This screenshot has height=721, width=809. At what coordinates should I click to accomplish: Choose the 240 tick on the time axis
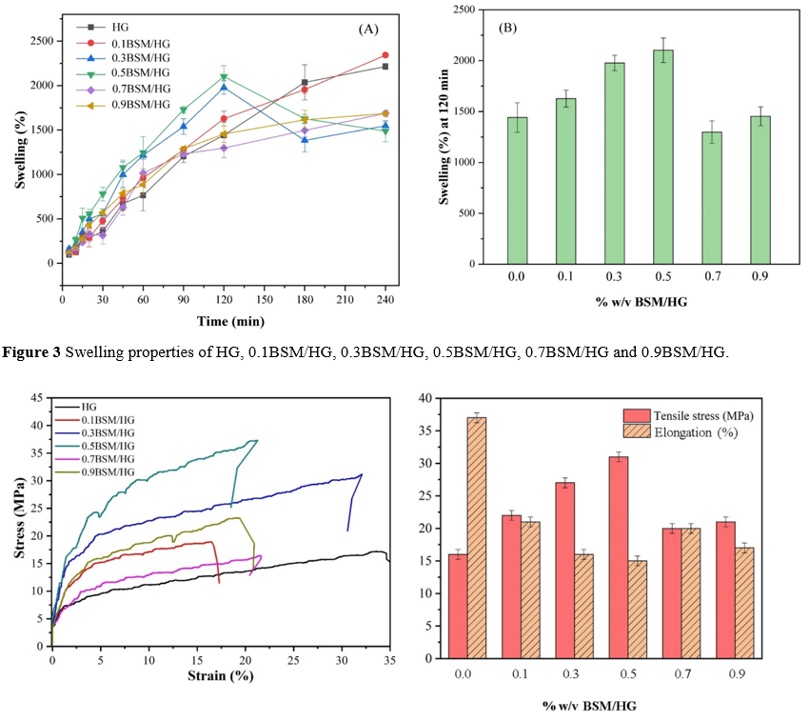click(x=385, y=301)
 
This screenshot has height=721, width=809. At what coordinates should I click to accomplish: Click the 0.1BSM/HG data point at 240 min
click(x=385, y=55)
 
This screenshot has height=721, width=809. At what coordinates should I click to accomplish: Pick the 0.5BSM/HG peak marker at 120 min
click(x=224, y=77)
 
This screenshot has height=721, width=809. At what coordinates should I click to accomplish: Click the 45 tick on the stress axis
click(x=39, y=397)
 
